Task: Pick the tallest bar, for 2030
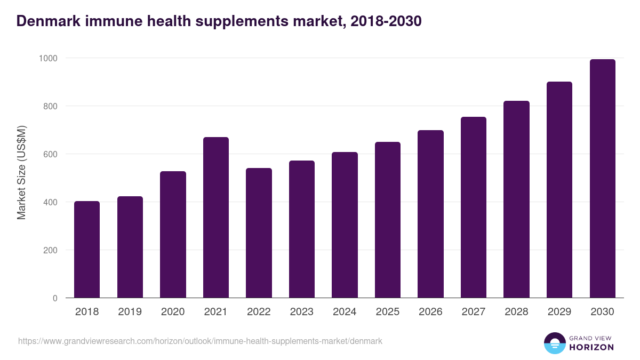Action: click(602, 179)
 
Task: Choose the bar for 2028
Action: click(516, 199)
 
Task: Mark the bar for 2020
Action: click(173, 235)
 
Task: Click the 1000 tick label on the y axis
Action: click(47, 58)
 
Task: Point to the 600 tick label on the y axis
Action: click(50, 154)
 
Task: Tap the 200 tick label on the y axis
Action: click(50, 250)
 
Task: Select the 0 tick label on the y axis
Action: click(55, 298)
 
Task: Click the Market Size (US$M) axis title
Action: click(22, 172)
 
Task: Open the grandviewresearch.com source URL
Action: click(200, 341)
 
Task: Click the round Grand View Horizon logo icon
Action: click(554, 343)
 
